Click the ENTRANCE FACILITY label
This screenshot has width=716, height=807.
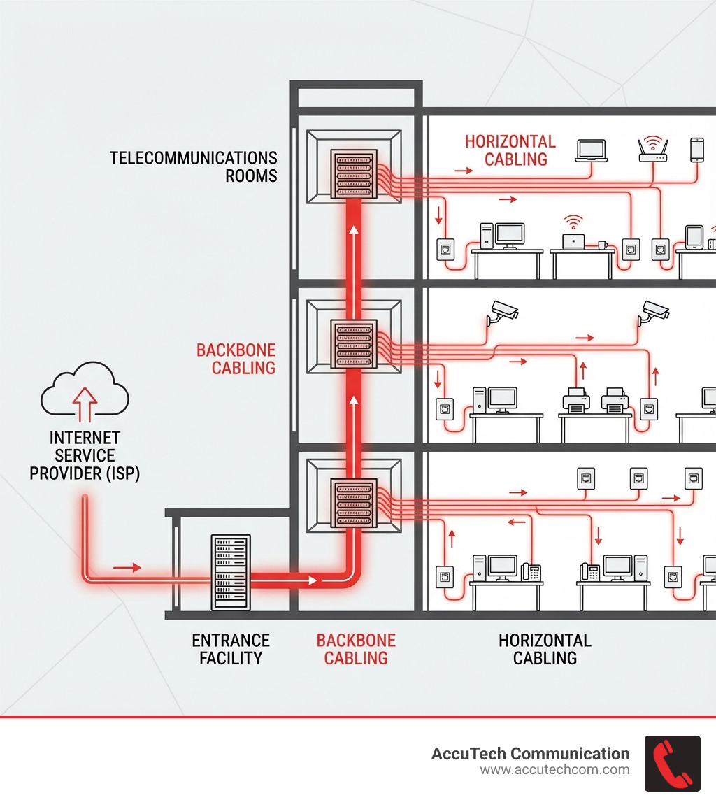(231, 649)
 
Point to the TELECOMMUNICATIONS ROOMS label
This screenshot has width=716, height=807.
(194, 166)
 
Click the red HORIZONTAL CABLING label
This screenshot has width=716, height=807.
(510, 150)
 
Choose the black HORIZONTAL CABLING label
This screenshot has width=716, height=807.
(545, 649)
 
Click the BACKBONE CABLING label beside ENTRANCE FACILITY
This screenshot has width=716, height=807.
(356, 649)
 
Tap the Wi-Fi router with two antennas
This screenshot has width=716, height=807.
(653, 150)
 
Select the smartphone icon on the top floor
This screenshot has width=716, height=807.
(696, 150)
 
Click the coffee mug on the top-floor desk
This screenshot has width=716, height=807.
(602, 245)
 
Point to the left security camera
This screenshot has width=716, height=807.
(503, 311)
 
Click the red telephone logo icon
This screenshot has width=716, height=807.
(672, 763)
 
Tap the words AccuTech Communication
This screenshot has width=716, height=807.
(530, 754)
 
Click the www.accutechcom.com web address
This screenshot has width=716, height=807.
(554, 770)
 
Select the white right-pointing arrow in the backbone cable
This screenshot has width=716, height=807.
(308, 580)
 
